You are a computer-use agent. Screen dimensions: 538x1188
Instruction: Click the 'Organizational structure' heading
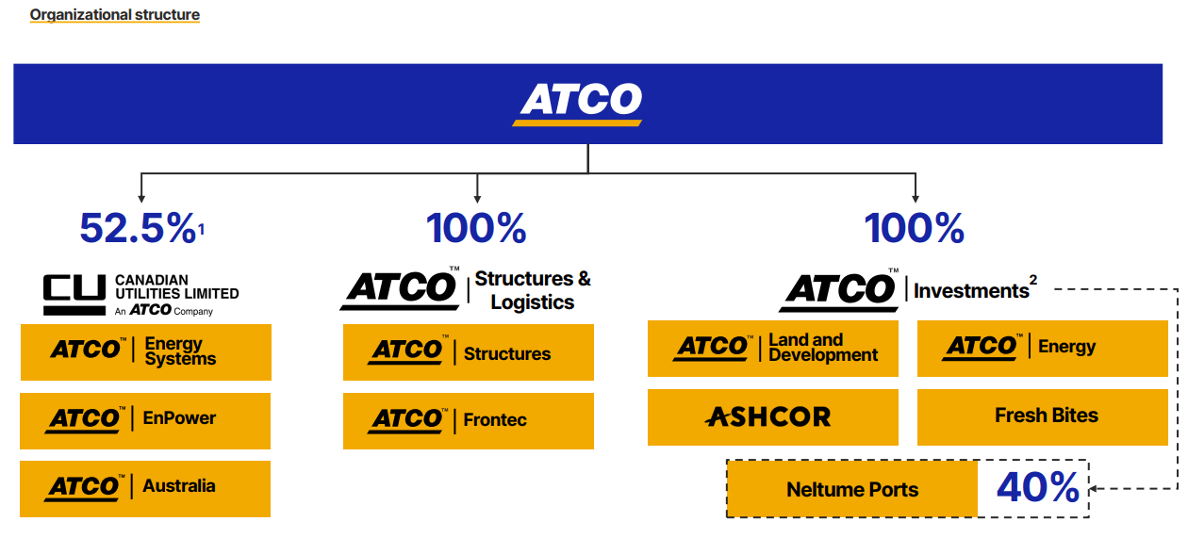pos(114,15)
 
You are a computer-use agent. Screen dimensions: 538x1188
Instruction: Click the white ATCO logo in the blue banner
pos(580,102)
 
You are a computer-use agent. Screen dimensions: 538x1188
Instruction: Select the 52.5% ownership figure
pos(138,228)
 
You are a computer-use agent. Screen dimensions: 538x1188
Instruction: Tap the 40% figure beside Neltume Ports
pos(1037,488)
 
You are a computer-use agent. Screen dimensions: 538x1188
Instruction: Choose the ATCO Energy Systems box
pos(145,351)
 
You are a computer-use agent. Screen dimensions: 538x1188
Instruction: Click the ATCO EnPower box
pos(145,419)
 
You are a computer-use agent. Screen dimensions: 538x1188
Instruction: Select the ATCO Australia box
pos(145,488)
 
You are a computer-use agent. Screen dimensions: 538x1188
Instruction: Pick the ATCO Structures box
pos(468,352)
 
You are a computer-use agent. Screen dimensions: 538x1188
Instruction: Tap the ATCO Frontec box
pos(468,420)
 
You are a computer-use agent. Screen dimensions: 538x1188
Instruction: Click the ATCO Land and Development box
pos(772,348)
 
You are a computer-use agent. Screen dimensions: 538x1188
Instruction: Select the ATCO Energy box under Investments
pos(1042,348)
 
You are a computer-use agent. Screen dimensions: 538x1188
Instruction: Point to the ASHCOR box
pos(772,416)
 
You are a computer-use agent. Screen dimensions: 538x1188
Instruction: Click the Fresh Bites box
pos(1042,416)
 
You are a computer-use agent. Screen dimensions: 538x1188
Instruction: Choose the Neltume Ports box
pos(851,489)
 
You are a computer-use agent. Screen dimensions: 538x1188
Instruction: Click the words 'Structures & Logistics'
pos(533,290)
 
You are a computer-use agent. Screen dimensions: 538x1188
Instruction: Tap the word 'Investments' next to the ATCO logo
pos(971,291)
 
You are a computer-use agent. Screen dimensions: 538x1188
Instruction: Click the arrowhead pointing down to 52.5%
pos(141,198)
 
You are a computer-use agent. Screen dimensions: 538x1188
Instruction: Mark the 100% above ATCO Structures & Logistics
pos(476,228)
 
